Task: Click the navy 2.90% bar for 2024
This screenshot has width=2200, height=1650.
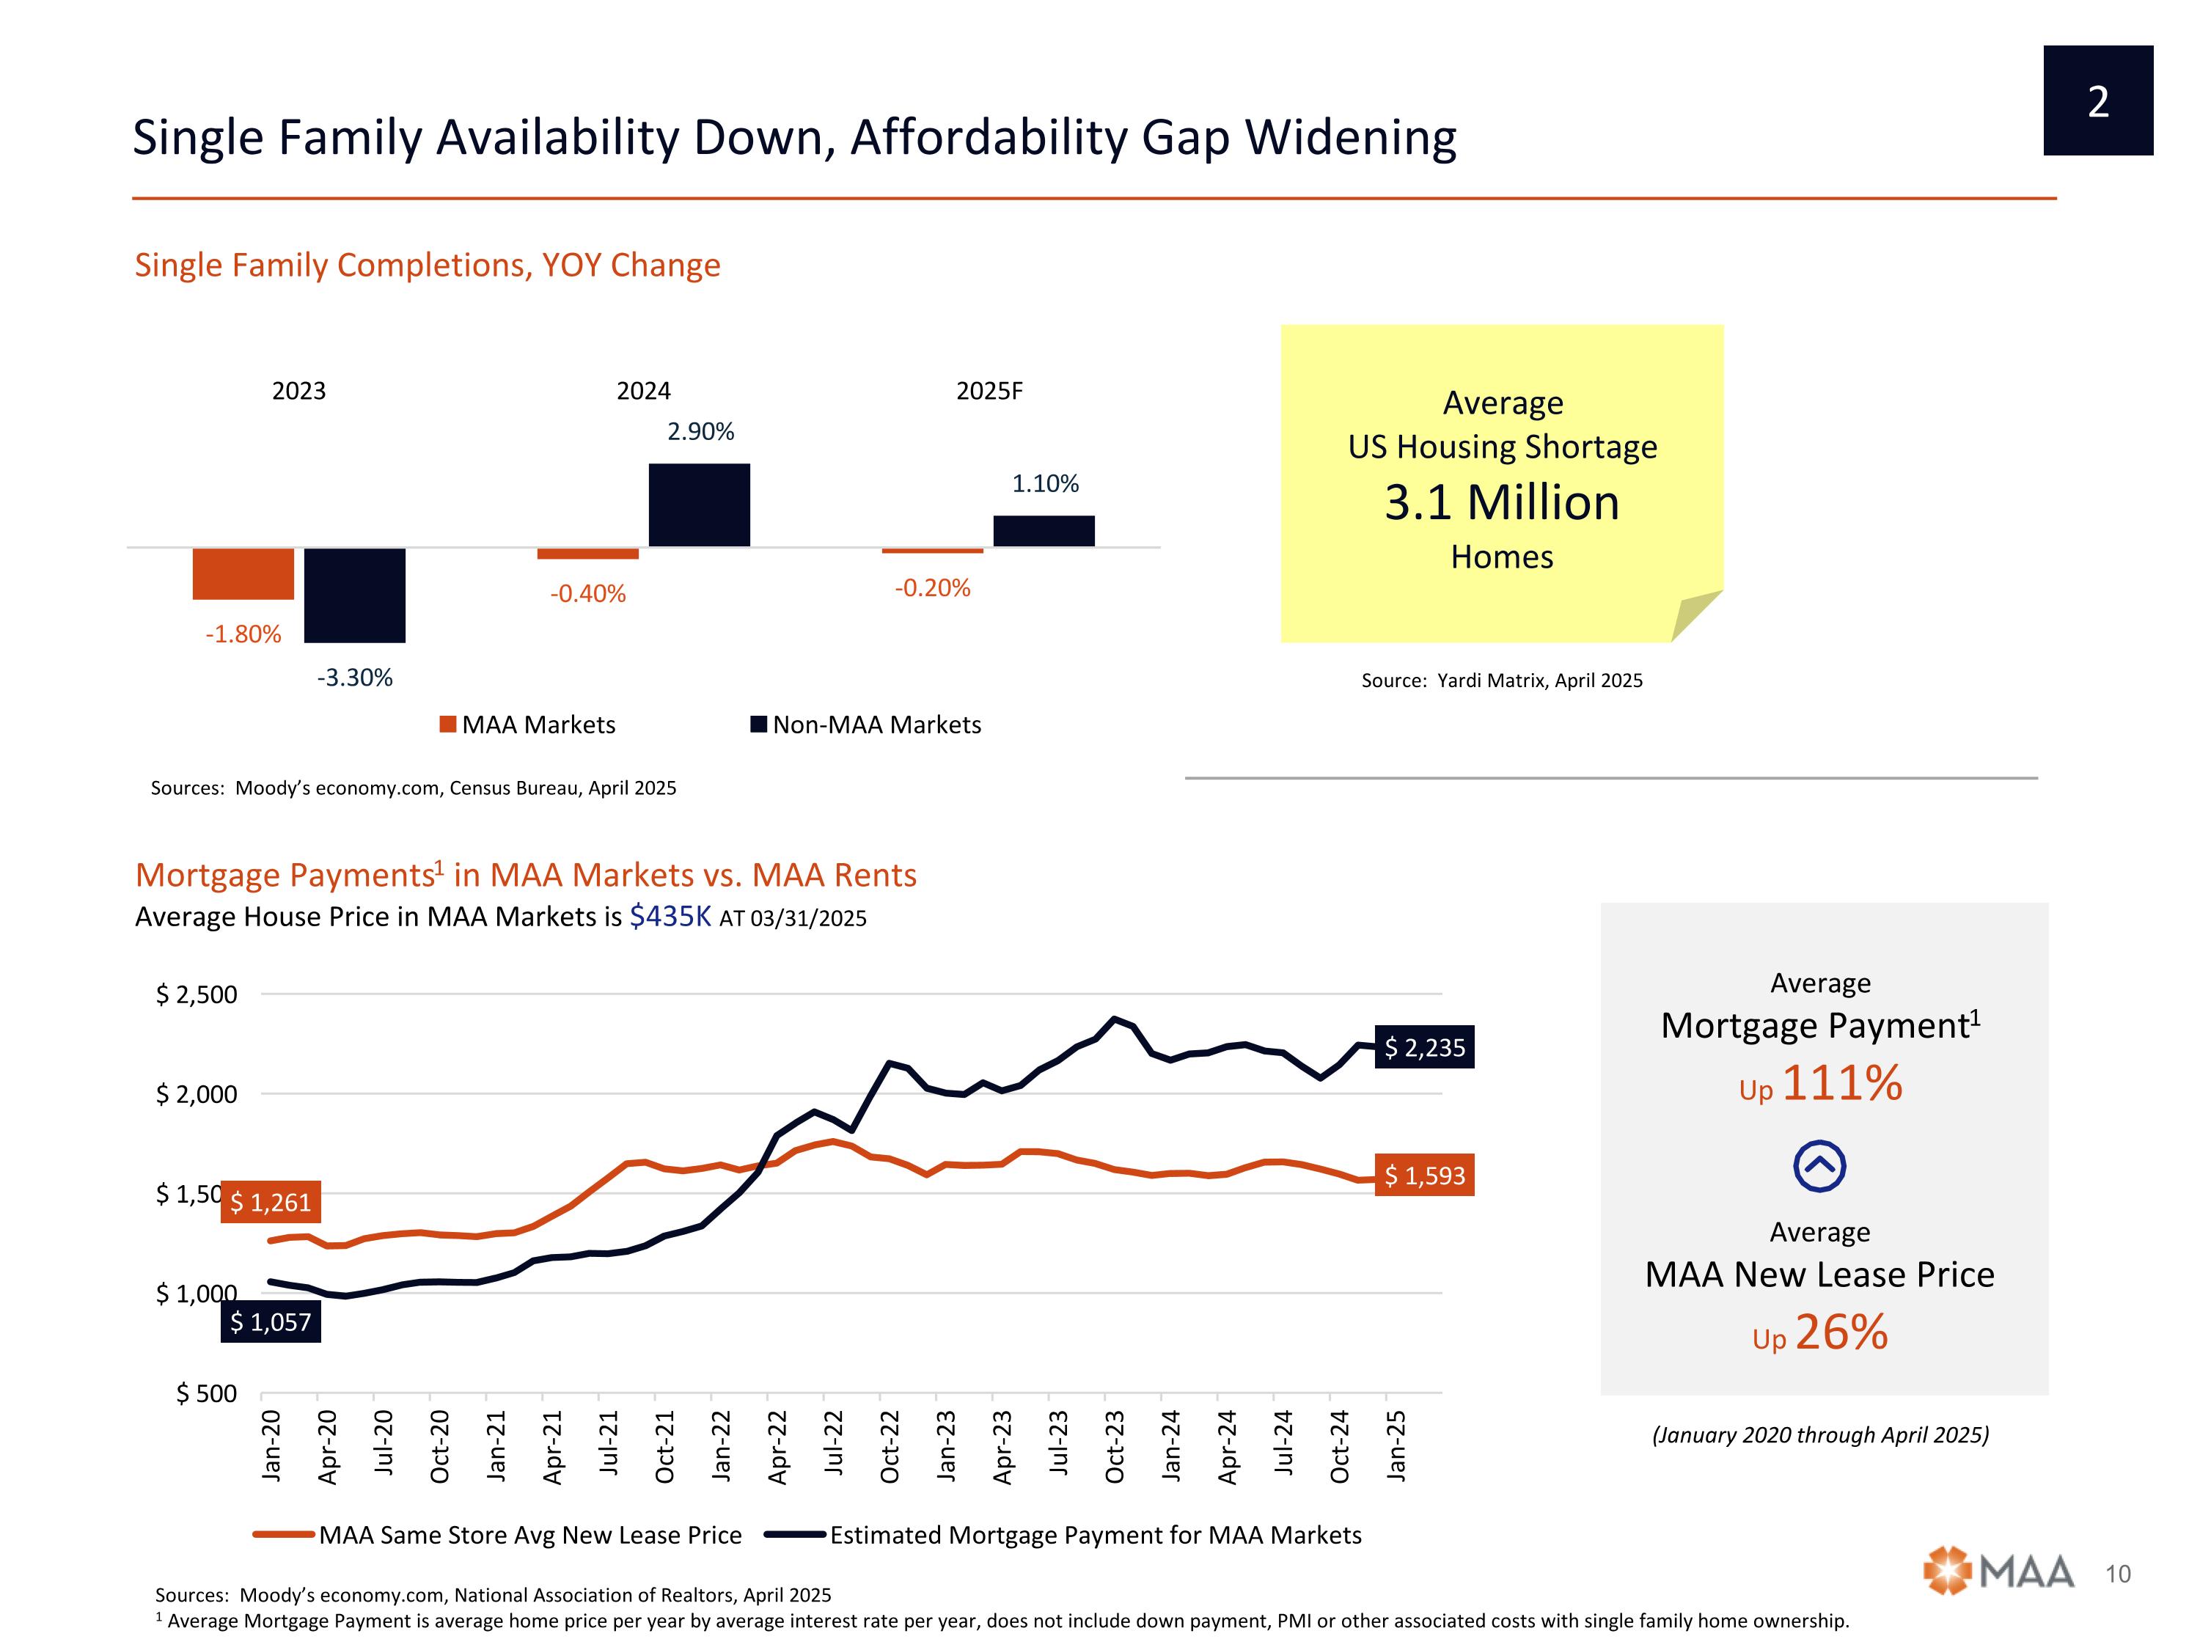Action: coord(699,505)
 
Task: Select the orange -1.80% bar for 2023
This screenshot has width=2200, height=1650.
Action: coord(243,574)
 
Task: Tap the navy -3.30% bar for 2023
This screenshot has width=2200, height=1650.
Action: coord(355,595)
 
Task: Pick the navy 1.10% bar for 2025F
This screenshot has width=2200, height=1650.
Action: coord(1044,531)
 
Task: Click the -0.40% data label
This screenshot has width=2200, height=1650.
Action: coord(588,594)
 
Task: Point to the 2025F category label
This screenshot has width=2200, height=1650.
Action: coord(989,391)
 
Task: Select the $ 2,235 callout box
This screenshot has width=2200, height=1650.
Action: coord(1424,1047)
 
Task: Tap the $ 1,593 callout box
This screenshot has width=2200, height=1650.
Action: coord(1424,1176)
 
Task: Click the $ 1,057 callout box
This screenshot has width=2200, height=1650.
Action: coord(271,1321)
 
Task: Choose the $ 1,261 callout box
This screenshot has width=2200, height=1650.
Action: coord(271,1203)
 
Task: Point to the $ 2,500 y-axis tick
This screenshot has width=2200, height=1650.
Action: coord(197,994)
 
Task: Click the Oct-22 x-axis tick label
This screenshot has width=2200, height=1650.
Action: coord(889,1447)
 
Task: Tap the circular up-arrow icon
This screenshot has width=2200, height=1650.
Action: coord(1820,1166)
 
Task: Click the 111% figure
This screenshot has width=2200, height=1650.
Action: coord(1842,1083)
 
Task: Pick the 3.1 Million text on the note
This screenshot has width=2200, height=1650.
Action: coord(1502,502)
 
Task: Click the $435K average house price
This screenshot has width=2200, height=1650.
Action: coord(670,916)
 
